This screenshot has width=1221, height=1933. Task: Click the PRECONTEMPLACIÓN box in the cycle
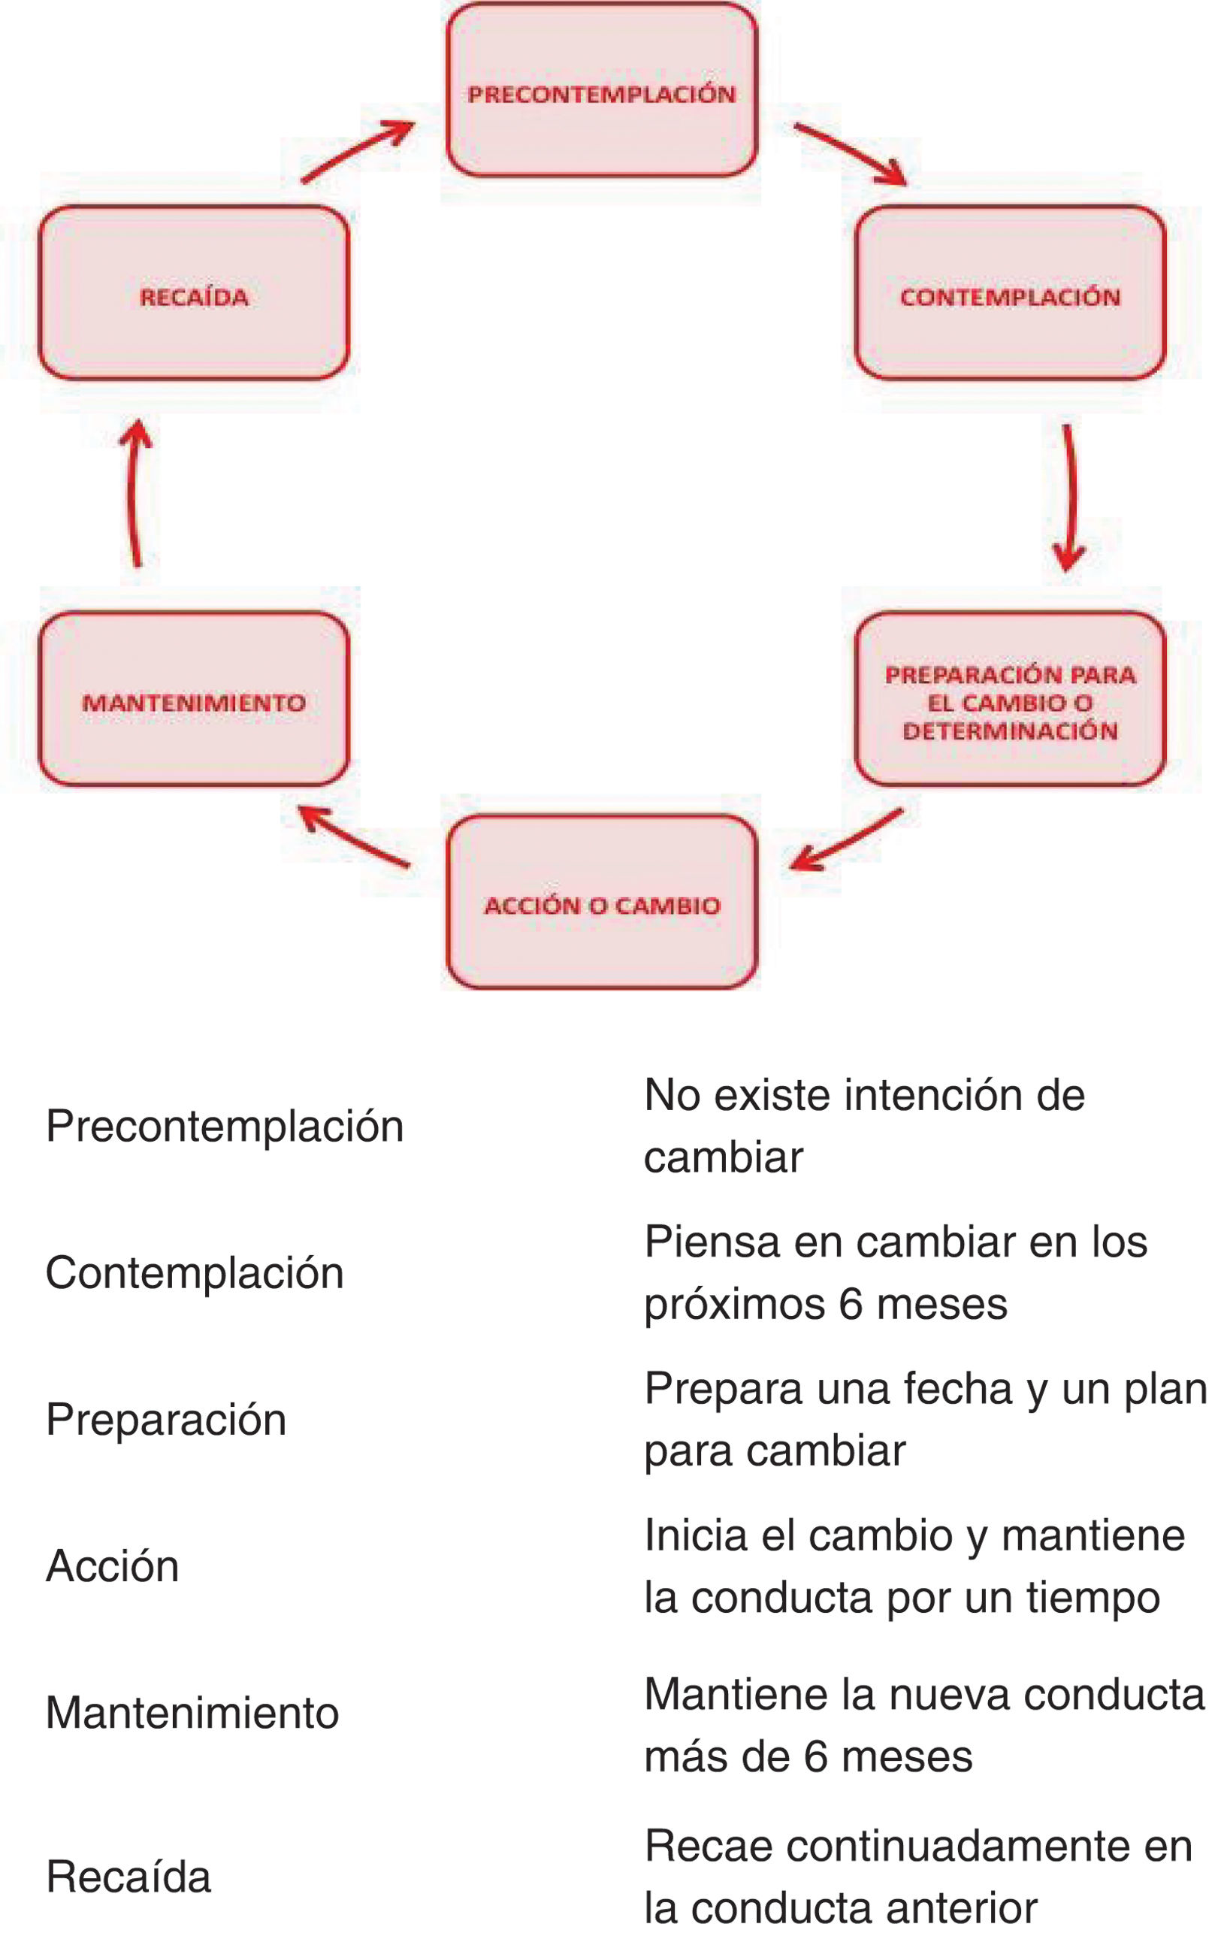(x=601, y=90)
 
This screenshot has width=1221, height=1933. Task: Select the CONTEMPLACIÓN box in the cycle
(x=1009, y=293)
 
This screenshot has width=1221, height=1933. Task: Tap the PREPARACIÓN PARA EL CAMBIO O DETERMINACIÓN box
(x=1009, y=699)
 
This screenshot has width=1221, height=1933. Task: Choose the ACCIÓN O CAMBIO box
(x=601, y=903)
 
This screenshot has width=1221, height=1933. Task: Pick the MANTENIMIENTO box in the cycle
(x=193, y=699)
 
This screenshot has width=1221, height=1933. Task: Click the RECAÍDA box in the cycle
(x=193, y=293)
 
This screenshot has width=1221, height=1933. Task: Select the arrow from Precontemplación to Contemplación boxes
(x=850, y=153)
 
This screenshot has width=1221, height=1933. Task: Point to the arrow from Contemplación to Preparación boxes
(x=1068, y=497)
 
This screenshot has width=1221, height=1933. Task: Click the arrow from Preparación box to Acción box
(x=846, y=839)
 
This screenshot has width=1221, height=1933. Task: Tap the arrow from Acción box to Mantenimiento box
(x=353, y=837)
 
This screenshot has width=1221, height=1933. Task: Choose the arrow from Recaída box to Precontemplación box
(x=357, y=152)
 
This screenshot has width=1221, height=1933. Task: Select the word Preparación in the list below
(x=166, y=1418)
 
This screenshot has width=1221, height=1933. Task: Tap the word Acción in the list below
(x=113, y=1565)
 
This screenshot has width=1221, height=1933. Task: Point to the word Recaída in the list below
(x=128, y=1876)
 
